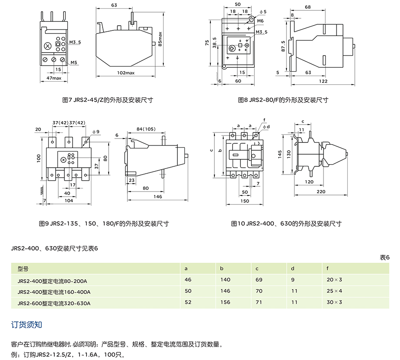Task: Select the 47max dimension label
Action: [53, 78]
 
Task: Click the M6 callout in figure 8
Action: [260, 20]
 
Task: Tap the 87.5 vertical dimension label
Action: [283, 46]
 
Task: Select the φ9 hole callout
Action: [96, 131]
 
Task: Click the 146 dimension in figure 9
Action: [157, 197]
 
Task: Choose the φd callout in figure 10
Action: [267, 126]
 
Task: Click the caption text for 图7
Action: [108, 100]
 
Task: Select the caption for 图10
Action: [286, 224]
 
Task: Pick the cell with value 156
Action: [225, 302]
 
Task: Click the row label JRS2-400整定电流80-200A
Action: [53, 280]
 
